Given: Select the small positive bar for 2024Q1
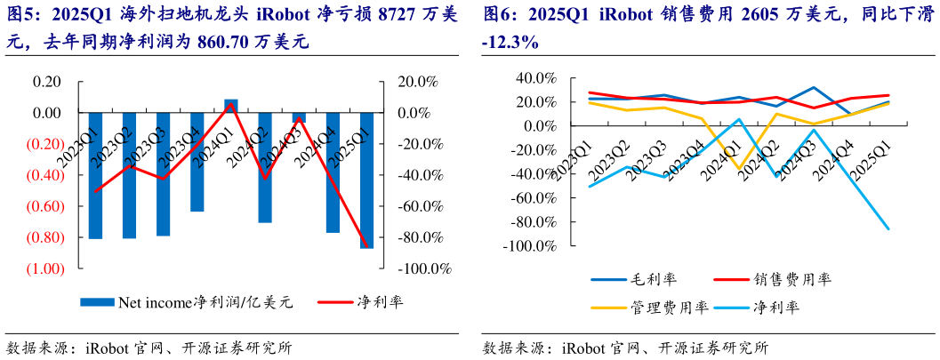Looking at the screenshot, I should coord(230,104).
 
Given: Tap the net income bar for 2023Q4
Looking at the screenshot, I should coord(197,162).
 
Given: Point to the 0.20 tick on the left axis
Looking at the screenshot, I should coord(46,82).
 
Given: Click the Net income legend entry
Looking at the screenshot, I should coord(187,301).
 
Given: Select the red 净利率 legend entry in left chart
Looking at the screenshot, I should coord(360,301).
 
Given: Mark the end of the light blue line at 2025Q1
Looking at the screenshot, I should coord(888,229).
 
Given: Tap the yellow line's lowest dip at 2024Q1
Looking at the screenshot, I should coord(739,169).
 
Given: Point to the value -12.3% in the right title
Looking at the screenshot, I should coord(509,41).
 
